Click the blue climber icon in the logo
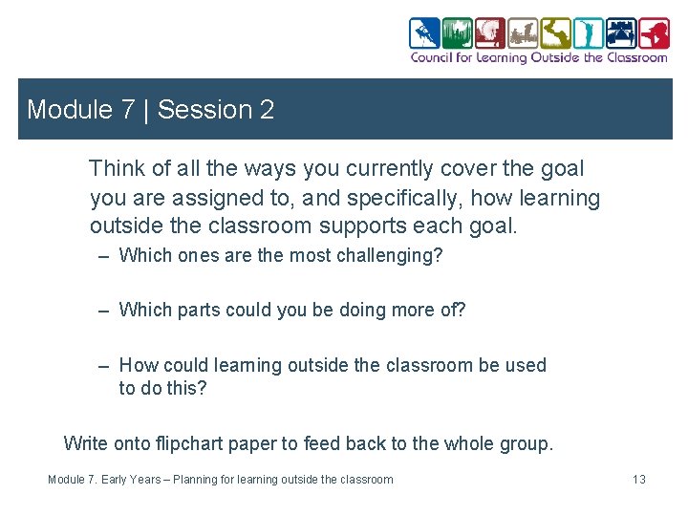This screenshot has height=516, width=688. tap(425, 33)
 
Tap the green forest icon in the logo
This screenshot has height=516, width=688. tap(459, 33)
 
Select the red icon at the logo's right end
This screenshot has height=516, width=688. tap(655, 33)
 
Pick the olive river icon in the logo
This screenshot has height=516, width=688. tap(555, 33)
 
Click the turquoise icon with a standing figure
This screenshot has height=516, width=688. tap(589, 33)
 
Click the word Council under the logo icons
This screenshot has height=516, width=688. tap(432, 57)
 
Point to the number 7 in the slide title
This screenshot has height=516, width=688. tap(127, 110)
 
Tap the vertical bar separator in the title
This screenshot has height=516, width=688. tap(146, 110)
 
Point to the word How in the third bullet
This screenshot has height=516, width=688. tap(139, 365)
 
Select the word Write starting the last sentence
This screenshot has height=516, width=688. tap(86, 443)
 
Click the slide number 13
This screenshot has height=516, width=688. tap(638, 480)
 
